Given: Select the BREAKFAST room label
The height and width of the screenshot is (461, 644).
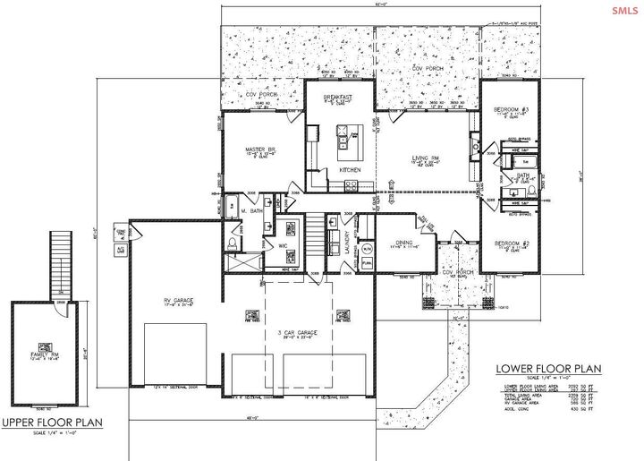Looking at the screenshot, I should tap(338, 97).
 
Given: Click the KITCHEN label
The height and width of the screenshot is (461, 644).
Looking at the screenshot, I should tap(349, 170).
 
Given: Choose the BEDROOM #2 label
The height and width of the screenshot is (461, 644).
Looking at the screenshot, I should tap(513, 243).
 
